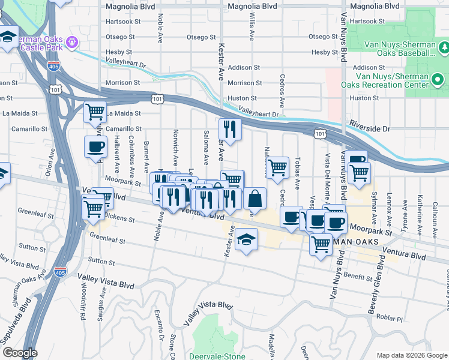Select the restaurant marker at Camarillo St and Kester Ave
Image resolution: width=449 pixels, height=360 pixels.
pyautogui.click(x=230, y=128)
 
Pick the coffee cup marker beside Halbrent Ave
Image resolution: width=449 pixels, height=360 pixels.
pyautogui.click(x=95, y=146)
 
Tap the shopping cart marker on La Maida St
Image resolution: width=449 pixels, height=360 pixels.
pyautogui.click(x=95, y=112)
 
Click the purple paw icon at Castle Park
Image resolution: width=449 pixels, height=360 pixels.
pyautogui.click(x=71, y=42)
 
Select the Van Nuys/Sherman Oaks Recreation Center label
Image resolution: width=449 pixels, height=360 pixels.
pyautogui.click(x=400, y=80)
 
